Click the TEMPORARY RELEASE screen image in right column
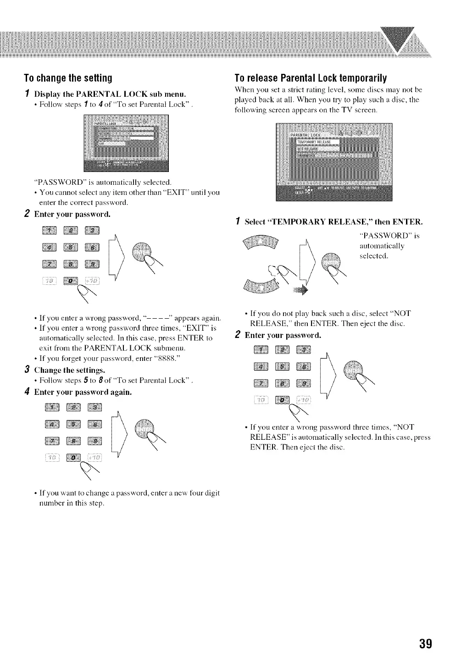click(334, 162)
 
